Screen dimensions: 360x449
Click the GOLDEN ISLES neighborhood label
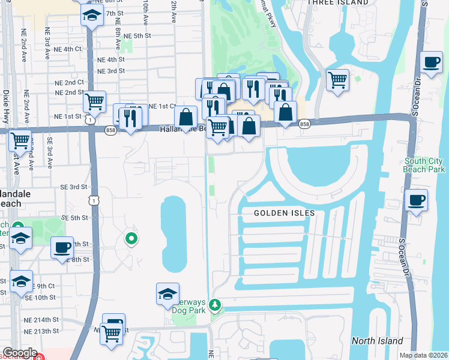tap(284, 213)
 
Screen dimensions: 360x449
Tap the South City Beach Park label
tap(423, 165)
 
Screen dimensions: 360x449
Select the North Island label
tap(378, 341)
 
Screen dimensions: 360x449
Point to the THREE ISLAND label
tap(337, 3)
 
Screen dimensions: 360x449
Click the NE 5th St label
tap(137, 36)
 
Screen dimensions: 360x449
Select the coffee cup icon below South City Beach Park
tap(416, 200)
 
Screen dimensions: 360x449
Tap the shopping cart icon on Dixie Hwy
tap(20, 140)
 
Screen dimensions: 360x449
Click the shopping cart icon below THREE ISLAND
tap(337, 79)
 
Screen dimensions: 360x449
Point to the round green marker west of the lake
tap(131, 239)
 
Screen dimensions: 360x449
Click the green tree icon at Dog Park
tap(215, 307)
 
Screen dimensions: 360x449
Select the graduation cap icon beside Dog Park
tap(167, 294)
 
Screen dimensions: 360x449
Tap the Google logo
tap(20, 353)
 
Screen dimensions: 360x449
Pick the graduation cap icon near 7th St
tap(92, 14)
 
